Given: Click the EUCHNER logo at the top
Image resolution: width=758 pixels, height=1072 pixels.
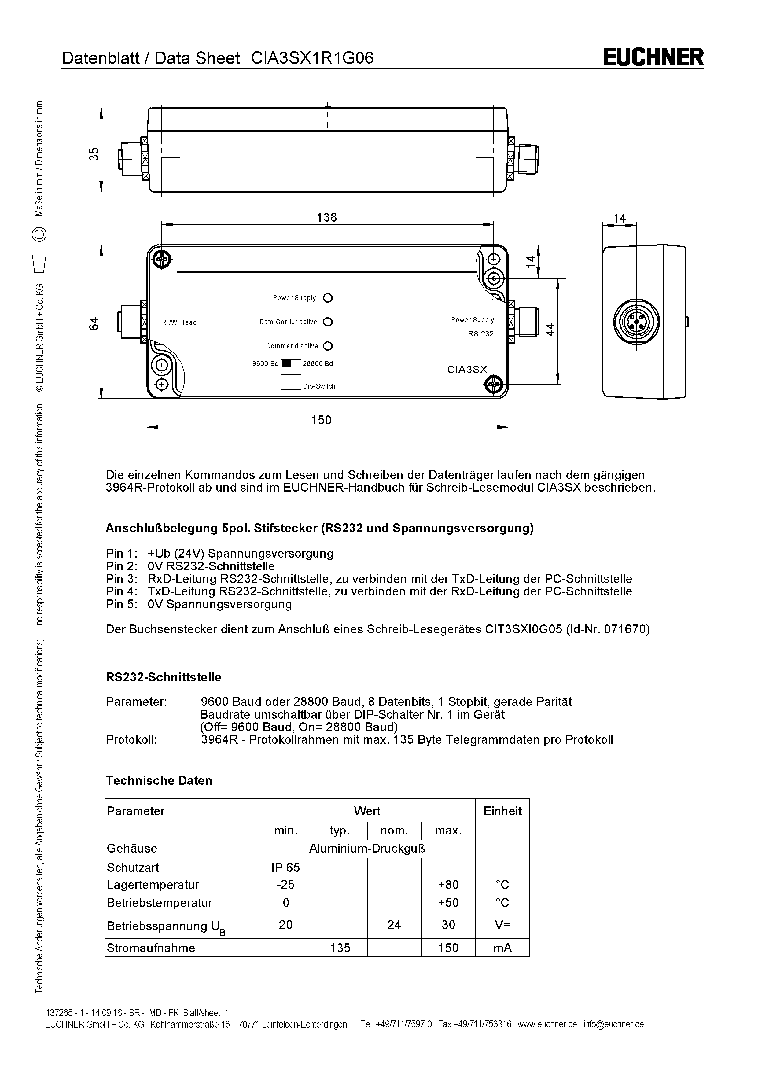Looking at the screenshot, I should tap(653, 57).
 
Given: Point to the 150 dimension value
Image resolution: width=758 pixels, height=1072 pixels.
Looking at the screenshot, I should tap(321, 420).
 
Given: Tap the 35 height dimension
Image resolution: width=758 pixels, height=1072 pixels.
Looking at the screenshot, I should tap(94, 154).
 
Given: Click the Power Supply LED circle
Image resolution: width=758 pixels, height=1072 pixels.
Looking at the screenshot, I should tap(328, 298).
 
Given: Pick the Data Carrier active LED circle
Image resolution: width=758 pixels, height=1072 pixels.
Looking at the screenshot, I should tap(328, 322).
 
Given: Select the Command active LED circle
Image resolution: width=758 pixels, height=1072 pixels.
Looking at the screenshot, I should tap(328, 346).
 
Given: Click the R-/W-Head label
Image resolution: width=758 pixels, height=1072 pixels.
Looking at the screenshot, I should tap(179, 322).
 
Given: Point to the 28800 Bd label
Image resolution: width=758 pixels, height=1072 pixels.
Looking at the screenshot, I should tap(318, 364).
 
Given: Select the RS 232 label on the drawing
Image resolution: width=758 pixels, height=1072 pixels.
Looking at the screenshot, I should tap(481, 334).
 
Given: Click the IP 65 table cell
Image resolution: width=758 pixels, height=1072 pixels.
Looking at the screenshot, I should tap(286, 868).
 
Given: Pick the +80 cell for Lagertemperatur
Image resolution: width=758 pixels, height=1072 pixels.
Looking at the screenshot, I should tap(448, 885).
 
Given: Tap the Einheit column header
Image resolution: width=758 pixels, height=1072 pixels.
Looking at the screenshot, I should tap(502, 811).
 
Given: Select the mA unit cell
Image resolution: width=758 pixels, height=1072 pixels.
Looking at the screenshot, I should tap(502, 948).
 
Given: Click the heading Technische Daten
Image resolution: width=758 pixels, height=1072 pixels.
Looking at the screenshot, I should tap(159, 781).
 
